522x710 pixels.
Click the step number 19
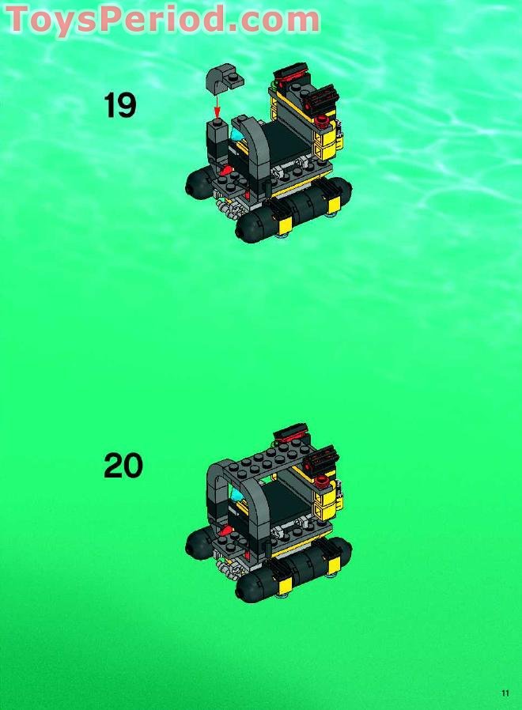click(120, 105)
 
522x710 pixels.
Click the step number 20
click(123, 465)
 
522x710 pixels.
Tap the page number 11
click(505, 693)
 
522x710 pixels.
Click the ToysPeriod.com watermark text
click(163, 18)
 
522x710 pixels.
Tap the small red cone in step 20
click(226, 527)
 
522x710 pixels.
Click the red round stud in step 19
click(322, 120)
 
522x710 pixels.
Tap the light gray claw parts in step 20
click(230, 564)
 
